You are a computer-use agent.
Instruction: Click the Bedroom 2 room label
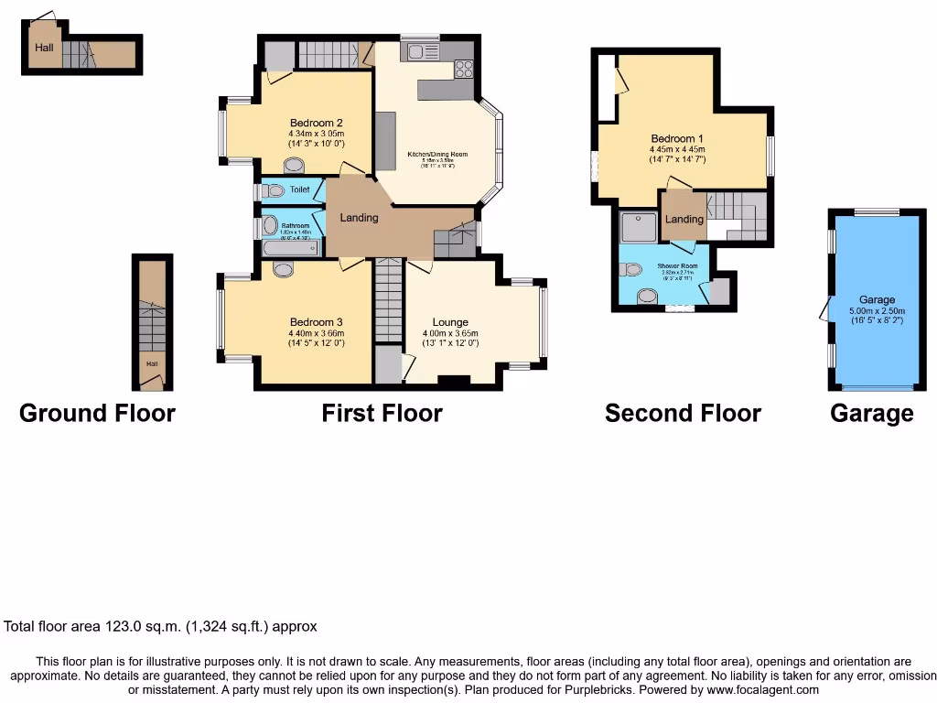316,124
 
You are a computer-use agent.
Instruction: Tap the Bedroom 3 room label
316,322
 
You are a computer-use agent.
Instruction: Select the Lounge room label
450,322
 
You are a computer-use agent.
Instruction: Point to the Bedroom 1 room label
676,138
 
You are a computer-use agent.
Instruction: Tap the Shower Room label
677,266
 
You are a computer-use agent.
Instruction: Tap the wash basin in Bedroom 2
295,166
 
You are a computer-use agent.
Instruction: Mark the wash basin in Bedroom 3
284,268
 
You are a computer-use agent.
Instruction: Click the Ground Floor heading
97,414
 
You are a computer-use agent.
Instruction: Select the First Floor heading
382,414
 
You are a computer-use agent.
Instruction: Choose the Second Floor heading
683,414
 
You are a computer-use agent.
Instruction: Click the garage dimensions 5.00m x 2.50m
876,310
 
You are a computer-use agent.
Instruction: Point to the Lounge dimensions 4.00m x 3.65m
450,333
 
